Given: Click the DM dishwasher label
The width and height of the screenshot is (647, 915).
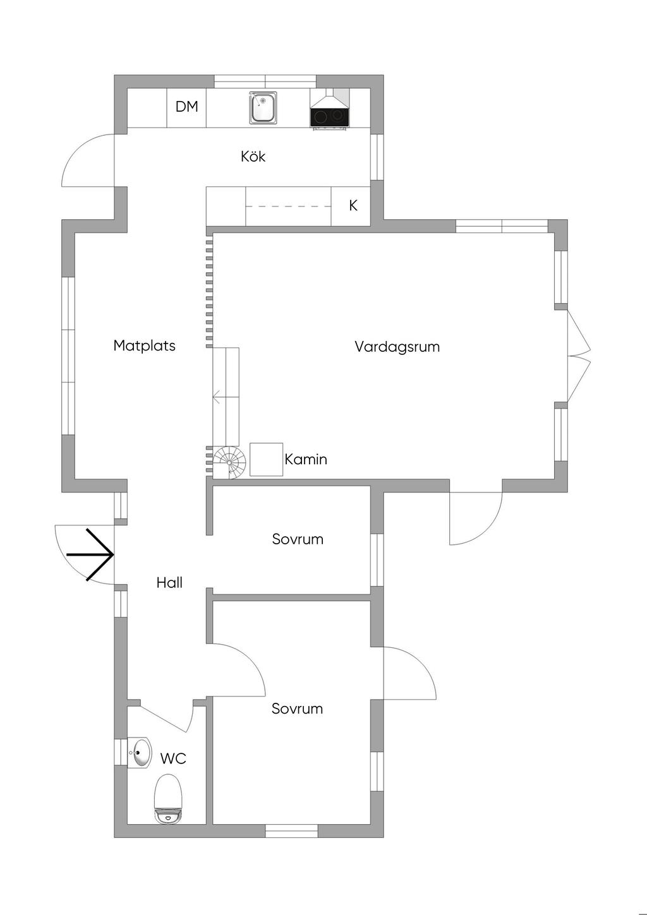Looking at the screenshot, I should coord(186,107).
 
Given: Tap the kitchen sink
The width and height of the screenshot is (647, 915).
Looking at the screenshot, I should coord(263,108).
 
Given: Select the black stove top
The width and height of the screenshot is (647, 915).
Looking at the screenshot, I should coord(329,117).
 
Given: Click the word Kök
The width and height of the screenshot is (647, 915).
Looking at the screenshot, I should coord(253,156).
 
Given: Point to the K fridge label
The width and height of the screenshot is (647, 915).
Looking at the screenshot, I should coord(353,205).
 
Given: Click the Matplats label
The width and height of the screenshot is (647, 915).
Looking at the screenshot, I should coord(144,345).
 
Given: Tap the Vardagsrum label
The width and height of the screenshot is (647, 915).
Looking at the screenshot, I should coord(397,347).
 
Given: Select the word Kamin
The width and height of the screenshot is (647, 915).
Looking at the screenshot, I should coord(306,459).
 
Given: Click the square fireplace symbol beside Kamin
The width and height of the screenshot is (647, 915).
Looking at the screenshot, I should coord(266,459).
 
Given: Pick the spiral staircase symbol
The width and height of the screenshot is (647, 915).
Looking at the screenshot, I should coord(229,463).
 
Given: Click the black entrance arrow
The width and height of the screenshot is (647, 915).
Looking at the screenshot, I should coord(92,554).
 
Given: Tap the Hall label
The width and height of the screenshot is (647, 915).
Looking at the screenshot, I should coord(169,583).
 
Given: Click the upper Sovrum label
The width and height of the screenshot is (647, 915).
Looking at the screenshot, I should coord(298,539).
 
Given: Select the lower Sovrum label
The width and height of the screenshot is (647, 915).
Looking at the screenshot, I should coord(297,709).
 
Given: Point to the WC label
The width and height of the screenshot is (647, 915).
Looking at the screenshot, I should coord(173,758).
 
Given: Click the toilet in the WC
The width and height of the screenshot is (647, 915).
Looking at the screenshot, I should coord(168,799).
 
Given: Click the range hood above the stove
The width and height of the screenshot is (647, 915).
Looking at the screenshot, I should coord(329,98).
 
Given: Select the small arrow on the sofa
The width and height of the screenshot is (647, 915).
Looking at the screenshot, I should coord(217,397).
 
